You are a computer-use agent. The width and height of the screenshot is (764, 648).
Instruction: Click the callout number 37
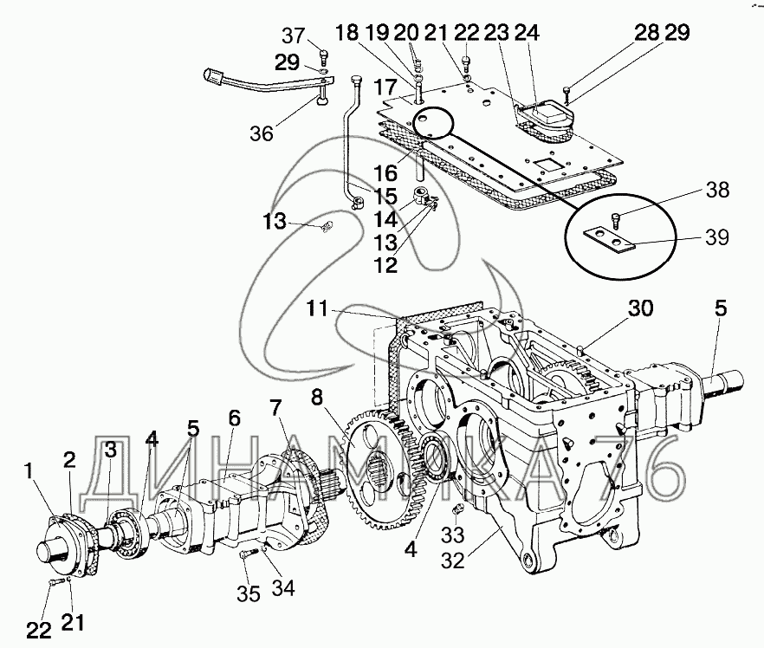294,36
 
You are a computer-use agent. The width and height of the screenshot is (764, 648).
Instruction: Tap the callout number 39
715,237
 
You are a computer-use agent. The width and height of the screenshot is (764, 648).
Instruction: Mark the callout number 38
715,188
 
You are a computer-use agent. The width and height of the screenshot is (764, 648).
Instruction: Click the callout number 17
386,88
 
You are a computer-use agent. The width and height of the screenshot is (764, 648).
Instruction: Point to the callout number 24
527,34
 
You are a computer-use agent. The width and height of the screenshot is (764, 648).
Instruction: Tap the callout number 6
234,417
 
